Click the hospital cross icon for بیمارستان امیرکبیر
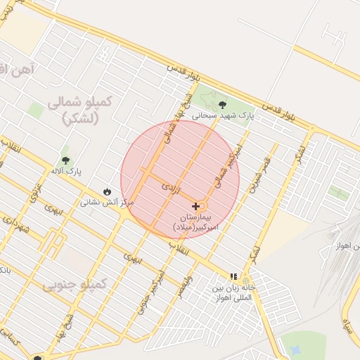click(195, 206)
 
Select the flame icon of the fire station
click(107, 191)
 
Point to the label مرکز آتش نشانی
click(106, 202)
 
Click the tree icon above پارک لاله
click(65, 160)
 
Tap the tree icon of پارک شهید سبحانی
click(223, 105)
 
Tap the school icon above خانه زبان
click(233, 277)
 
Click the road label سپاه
click(347, 325)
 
